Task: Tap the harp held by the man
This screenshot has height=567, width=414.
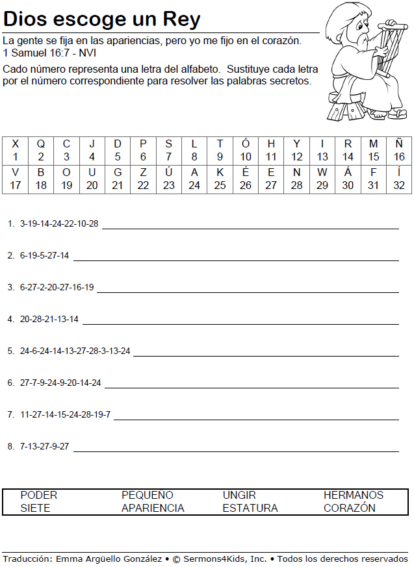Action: (384, 48)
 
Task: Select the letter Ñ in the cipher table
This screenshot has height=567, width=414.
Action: (399, 144)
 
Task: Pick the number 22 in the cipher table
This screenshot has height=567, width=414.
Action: (143, 185)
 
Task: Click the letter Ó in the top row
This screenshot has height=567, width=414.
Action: (246, 144)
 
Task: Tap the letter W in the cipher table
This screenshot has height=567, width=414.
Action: (322, 173)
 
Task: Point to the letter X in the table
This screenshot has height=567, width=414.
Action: (16, 144)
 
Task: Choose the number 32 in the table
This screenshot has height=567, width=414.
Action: (399, 185)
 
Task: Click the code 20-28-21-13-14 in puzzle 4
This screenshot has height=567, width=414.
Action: (49, 320)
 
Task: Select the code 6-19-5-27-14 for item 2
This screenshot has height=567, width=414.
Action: (44, 256)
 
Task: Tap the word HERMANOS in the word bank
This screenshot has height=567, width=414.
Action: (354, 495)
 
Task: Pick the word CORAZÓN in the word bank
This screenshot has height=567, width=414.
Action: (350, 508)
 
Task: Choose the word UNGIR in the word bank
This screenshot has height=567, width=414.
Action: (239, 495)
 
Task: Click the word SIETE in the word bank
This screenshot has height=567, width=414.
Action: (35, 508)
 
